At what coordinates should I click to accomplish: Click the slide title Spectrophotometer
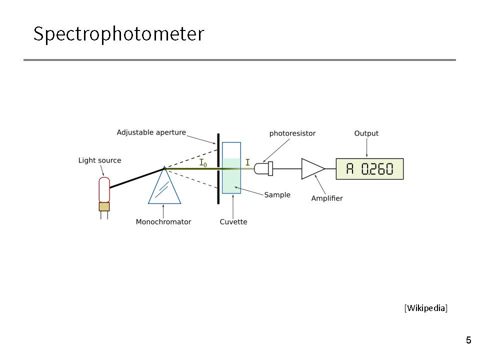tap(119, 34)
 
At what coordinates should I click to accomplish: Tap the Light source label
tap(100, 160)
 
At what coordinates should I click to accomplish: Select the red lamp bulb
tap(104, 189)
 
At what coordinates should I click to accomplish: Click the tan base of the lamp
tap(104, 206)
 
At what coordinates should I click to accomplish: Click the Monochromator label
tap(163, 221)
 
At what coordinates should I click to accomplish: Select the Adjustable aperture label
tap(151, 132)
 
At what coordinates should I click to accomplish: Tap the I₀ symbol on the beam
tap(203, 163)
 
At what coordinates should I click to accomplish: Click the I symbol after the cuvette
tap(247, 162)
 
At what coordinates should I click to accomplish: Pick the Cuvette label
tap(233, 221)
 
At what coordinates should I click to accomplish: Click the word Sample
tap(277, 195)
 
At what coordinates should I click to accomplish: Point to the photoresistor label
tap(292, 133)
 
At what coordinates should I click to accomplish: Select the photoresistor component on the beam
tap(263, 168)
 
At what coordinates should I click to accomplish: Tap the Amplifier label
tap(327, 198)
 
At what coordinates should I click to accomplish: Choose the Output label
tap(366, 133)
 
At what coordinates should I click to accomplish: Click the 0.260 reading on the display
tap(377, 169)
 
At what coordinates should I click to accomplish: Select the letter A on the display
tap(350, 169)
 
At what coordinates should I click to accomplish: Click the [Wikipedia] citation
tap(426, 308)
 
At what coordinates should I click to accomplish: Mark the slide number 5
tap(468, 340)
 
